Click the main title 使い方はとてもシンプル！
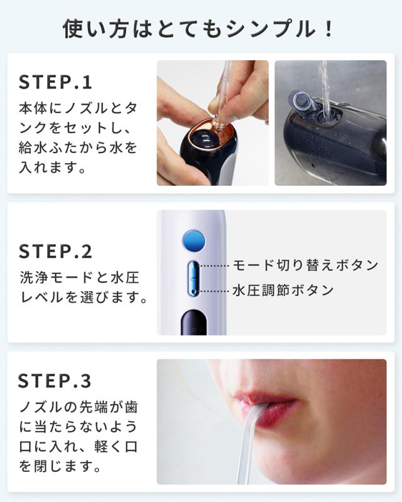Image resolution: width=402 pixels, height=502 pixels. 197,29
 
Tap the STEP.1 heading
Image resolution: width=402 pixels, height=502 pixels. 55,82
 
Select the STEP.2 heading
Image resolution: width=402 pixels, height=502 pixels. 55,252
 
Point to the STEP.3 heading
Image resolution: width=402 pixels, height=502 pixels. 55,381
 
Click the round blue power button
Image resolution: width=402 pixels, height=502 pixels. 193,240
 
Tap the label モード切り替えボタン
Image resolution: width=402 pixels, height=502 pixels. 305,265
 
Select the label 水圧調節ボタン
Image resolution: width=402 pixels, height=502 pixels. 283,291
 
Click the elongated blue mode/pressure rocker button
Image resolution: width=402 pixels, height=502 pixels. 193,278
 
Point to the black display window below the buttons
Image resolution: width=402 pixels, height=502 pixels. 194,323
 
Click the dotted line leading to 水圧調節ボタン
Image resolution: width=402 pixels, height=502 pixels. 214,291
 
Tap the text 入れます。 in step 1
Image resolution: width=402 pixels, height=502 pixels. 52,168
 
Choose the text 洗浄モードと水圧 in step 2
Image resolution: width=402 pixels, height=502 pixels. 79,277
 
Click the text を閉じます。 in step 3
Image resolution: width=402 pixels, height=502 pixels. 60,466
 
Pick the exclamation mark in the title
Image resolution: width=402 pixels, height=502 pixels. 328,29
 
